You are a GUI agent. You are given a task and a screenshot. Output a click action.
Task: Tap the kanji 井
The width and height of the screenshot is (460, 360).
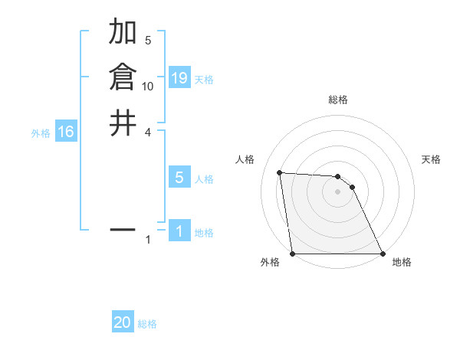pyautogui.click(x=123, y=123)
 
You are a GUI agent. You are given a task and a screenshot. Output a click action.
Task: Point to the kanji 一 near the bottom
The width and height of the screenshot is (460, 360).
pyautogui.click(x=123, y=229)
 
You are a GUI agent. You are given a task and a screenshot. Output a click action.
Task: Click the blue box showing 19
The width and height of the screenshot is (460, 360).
pyautogui.click(x=179, y=78)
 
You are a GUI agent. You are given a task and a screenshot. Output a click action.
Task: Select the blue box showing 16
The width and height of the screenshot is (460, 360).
pyautogui.click(x=66, y=132)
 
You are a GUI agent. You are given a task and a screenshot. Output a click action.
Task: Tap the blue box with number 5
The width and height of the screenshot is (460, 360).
pyautogui.click(x=179, y=178)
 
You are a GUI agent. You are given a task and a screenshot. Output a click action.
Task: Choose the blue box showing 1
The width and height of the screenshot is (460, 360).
pyautogui.click(x=179, y=231)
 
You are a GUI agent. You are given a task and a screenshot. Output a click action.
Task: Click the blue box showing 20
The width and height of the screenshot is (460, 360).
pyautogui.click(x=123, y=322)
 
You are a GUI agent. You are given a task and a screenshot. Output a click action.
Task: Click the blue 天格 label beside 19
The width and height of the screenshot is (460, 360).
pyautogui.click(x=204, y=79)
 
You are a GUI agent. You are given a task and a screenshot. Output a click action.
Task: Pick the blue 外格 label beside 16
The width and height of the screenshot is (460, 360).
pyautogui.click(x=41, y=133)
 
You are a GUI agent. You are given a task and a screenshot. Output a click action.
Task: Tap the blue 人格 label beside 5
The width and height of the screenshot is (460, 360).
pyautogui.click(x=204, y=178)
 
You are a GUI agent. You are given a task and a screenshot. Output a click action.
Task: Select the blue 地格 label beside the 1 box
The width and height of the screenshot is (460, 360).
pyautogui.click(x=204, y=232)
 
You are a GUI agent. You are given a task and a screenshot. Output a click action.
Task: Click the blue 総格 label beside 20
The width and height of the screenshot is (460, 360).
pyautogui.click(x=147, y=323)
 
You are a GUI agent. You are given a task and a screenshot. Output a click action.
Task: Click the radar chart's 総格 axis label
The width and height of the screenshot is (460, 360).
pyautogui.click(x=338, y=100)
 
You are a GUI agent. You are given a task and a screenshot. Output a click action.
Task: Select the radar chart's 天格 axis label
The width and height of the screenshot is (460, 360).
pyautogui.click(x=431, y=159)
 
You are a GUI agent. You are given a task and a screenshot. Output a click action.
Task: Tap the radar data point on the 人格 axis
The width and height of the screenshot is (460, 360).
pyautogui.click(x=280, y=172)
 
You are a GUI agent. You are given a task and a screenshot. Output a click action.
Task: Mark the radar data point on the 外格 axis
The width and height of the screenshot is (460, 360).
pyautogui.click(x=293, y=253)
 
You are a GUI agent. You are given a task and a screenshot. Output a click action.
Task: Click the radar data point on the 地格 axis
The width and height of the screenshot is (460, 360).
pyautogui.click(x=382, y=253)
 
